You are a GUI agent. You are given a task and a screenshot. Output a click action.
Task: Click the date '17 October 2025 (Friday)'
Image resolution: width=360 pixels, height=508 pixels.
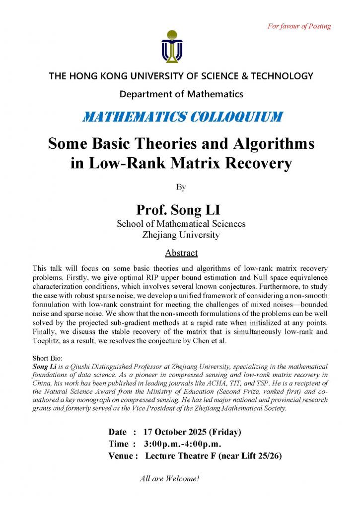pos(192,432)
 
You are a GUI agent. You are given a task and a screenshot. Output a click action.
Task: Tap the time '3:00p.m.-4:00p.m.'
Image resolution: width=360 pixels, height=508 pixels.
pos(182,444)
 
